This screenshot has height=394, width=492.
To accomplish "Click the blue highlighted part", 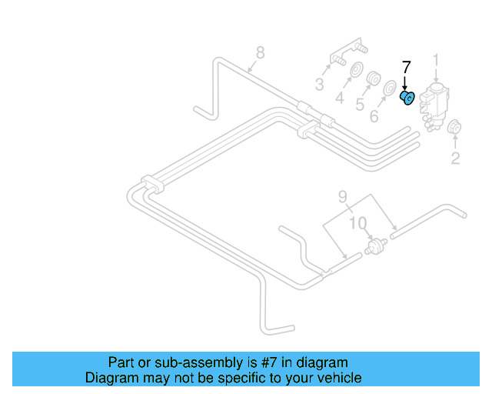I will point(407,97).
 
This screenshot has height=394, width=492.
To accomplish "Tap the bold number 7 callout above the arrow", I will point(407,67).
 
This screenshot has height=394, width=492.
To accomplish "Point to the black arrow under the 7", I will point(407,82).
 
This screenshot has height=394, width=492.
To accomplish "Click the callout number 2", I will point(455,159).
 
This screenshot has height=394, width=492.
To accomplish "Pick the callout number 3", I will point(319,83).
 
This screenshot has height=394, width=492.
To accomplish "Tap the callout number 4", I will point(339,98).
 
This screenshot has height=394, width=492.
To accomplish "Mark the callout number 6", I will point(374,116).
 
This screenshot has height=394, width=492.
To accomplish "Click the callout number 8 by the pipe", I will point(260,52).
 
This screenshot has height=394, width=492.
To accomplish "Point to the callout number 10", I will point(358,223).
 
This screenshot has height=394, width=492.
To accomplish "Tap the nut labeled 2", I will point(454,128).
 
